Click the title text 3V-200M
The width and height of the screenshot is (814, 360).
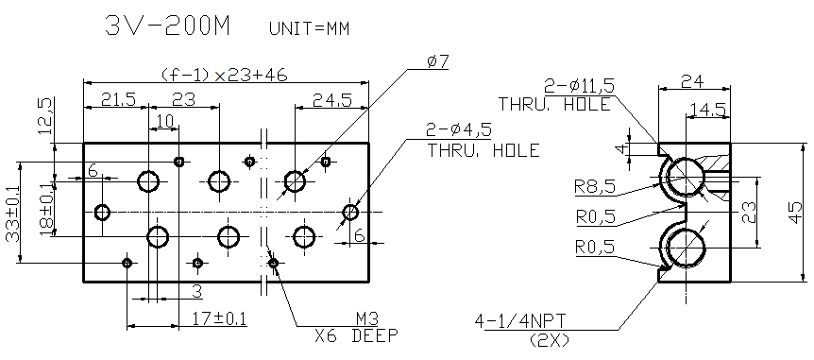(x=168, y=26)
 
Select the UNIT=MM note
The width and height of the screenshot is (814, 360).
(x=310, y=28)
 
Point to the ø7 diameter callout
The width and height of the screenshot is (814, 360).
(x=437, y=61)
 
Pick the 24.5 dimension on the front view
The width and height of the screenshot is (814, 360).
(x=332, y=99)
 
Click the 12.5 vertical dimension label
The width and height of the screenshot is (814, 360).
(x=42, y=117)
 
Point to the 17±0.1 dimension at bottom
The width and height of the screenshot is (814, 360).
(x=218, y=317)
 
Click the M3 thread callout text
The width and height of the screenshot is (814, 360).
(x=366, y=318)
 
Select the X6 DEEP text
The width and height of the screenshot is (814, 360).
(x=356, y=335)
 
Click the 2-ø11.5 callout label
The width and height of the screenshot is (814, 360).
(x=579, y=86)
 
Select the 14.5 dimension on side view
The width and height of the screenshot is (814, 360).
(x=707, y=111)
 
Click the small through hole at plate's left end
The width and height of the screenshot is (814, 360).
(x=103, y=212)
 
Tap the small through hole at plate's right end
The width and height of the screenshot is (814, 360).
(x=351, y=212)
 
